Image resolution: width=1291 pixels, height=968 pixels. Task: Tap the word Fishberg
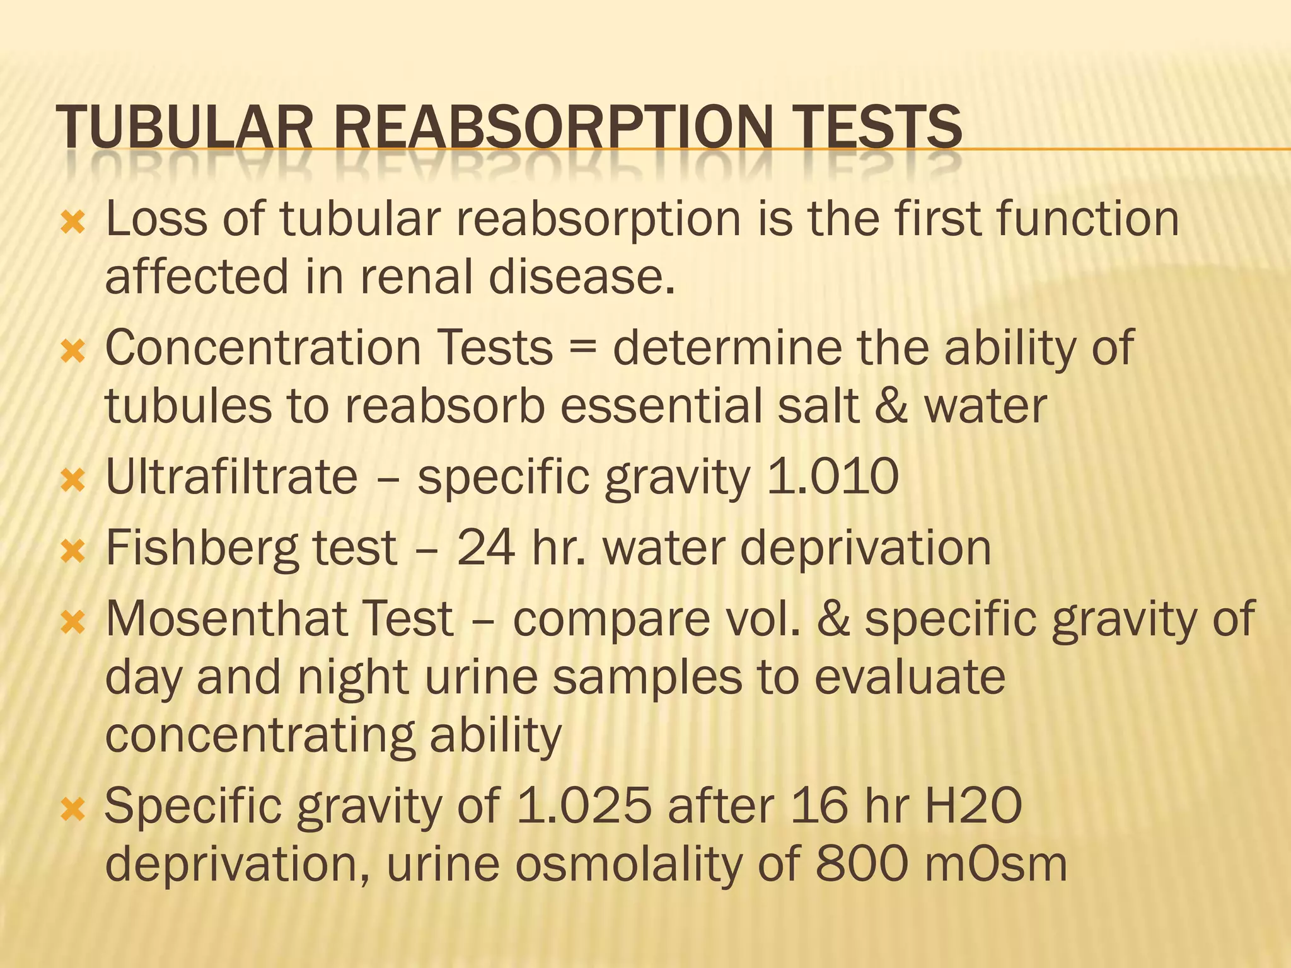point(202,548)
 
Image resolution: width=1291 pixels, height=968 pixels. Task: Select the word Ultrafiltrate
point(231,476)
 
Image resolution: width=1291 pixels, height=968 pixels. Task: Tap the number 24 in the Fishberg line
point(486,548)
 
